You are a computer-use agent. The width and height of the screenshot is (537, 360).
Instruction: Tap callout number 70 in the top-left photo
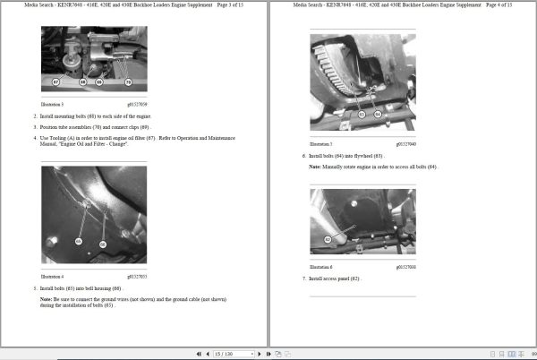(x=128, y=81)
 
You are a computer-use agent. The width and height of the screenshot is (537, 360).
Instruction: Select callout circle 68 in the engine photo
(x=83, y=81)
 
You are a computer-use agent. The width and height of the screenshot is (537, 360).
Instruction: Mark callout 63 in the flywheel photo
(x=361, y=115)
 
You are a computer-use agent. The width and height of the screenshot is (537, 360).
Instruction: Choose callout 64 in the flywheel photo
(x=378, y=115)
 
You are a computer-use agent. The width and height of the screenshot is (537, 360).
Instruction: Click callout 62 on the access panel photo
(x=328, y=239)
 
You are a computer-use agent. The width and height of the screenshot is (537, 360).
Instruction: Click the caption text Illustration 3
(x=53, y=105)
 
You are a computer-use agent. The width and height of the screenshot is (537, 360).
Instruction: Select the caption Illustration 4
(x=53, y=276)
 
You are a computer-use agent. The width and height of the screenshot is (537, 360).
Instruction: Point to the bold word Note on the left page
(x=47, y=298)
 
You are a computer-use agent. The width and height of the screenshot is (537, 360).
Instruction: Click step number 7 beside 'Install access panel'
(x=303, y=279)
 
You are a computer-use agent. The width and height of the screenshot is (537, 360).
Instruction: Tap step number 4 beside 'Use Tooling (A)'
(x=36, y=137)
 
